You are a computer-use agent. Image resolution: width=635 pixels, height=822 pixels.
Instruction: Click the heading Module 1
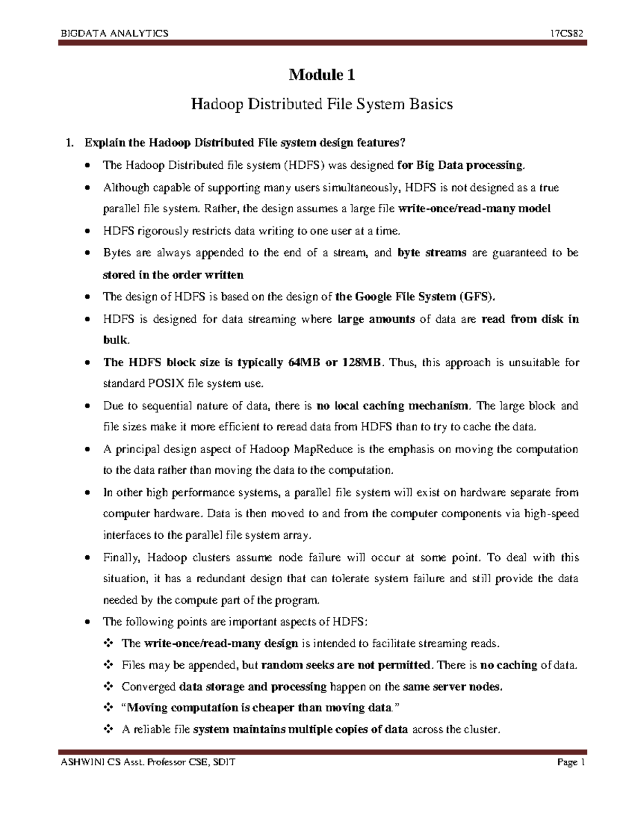[x=321, y=75]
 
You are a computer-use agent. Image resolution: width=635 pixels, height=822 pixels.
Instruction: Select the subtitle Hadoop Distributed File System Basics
[x=321, y=104]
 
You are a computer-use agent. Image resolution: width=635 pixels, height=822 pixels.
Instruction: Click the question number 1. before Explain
[x=67, y=143]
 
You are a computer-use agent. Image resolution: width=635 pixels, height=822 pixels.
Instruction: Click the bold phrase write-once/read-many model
[x=474, y=209]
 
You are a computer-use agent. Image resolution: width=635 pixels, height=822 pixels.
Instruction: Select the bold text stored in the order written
[x=173, y=275]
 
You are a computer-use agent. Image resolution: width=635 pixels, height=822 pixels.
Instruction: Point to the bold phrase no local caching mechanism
[x=393, y=406]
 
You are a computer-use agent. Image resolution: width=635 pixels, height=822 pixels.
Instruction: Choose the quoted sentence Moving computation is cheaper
[x=257, y=708]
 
